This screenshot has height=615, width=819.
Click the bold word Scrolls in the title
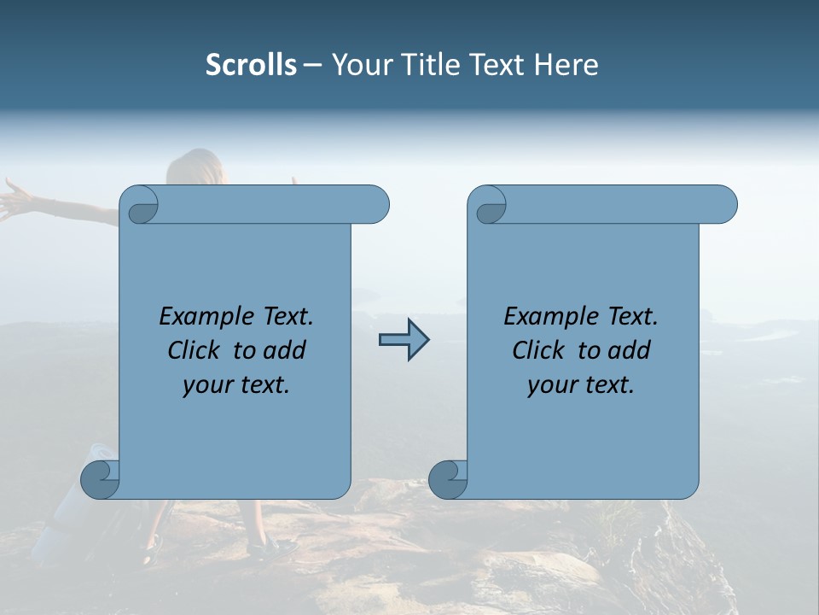coord(251,65)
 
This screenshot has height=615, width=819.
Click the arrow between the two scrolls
coord(404,340)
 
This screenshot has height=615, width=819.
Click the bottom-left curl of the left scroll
coord(100,478)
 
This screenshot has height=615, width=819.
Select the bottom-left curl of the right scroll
coord(448,478)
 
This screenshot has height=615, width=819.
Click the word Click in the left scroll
coord(196,350)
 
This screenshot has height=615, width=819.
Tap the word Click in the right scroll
coord(541,350)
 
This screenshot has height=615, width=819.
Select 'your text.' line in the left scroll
coord(236,384)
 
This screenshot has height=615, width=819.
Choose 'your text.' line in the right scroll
coord(581,384)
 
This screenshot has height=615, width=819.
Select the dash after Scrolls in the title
coord(313,65)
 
